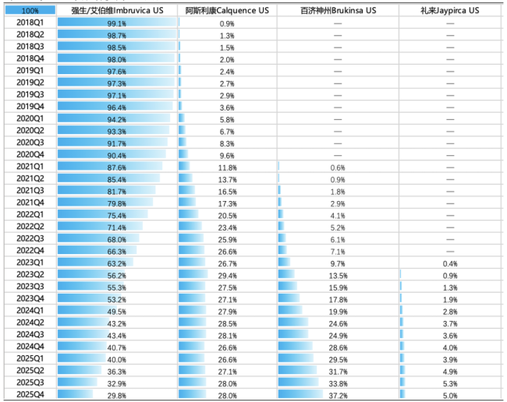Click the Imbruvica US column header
coord(117,11)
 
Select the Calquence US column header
coord(227,11)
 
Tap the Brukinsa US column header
coord(337,11)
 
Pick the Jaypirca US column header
coord(450,11)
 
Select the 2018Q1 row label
coord(30,23)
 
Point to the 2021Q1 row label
coord(30,167)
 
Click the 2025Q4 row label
coord(30,394)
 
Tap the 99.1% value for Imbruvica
coord(117,23)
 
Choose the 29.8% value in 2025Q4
coord(117,394)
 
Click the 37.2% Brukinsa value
coord(337,394)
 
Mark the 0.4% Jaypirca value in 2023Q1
coord(450,263)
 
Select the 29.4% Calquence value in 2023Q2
coord(227,275)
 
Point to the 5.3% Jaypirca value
coord(450,383)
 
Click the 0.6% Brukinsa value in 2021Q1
coord(337,167)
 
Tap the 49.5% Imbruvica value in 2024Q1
coord(117,311)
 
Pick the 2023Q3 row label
coord(30,287)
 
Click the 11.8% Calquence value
coord(227,167)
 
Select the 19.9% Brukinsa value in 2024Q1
coord(337,311)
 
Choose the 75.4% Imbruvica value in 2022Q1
coord(117,215)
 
